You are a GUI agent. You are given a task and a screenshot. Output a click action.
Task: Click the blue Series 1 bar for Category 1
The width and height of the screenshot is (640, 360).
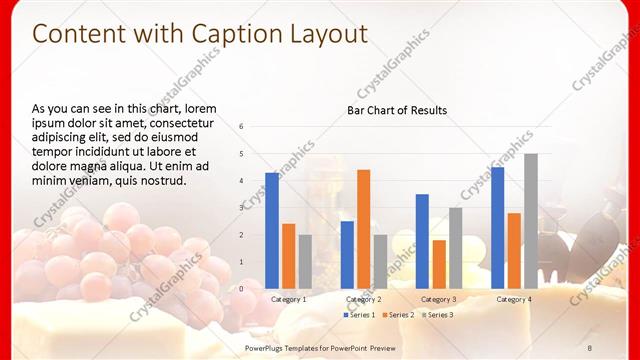point(272,230)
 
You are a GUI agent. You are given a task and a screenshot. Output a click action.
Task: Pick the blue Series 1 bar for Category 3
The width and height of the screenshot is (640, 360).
point(422,240)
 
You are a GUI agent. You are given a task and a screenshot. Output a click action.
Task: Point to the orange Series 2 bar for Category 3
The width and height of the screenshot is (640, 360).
point(438,263)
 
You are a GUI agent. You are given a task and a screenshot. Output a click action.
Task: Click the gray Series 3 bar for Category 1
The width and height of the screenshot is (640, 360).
point(305,261)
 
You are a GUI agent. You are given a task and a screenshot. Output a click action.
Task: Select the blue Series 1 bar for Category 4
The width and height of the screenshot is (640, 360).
point(497,227)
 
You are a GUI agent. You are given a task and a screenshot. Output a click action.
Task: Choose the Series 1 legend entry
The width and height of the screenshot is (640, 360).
point(359,315)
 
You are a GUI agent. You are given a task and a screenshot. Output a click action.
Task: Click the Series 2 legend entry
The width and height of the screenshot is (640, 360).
point(397,315)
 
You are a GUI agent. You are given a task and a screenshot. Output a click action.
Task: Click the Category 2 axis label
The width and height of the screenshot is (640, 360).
point(363,299)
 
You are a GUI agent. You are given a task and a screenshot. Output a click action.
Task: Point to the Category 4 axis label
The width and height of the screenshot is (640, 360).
point(513,299)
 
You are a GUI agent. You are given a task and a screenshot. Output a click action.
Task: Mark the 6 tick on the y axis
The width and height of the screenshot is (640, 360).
point(241,126)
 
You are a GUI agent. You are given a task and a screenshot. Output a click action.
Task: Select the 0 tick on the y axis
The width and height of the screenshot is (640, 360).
point(241,288)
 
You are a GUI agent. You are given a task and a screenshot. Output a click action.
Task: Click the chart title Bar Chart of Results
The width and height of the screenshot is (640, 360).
point(397,110)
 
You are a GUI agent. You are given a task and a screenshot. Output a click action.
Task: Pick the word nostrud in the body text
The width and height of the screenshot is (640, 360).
point(163,181)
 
